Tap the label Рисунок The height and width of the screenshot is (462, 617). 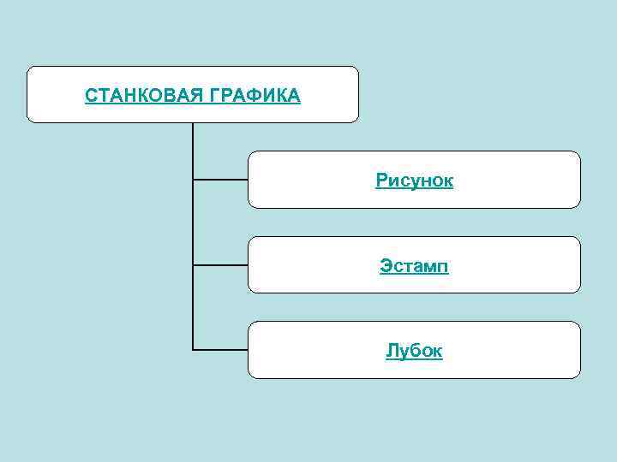coord(414,181)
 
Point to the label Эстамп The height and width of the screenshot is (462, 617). coord(414,266)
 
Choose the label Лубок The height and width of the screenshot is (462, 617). coord(414,351)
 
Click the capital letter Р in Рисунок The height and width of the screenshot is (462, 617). coord(380,181)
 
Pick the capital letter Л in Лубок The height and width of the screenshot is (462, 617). coord(391,351)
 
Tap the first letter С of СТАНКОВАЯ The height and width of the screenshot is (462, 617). coord(90,95)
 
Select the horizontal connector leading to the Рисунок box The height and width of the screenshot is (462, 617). coord(220,180)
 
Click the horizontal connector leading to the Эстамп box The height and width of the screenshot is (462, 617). coord(220,265)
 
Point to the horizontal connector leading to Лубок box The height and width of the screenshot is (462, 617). coord(220,349)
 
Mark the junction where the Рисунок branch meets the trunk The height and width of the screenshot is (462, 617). coord(193,180)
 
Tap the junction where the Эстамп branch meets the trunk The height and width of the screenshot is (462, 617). coord(193,265)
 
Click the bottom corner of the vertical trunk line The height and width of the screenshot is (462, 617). coord(193,349)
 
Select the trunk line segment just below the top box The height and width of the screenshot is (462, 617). coord(193,137)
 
